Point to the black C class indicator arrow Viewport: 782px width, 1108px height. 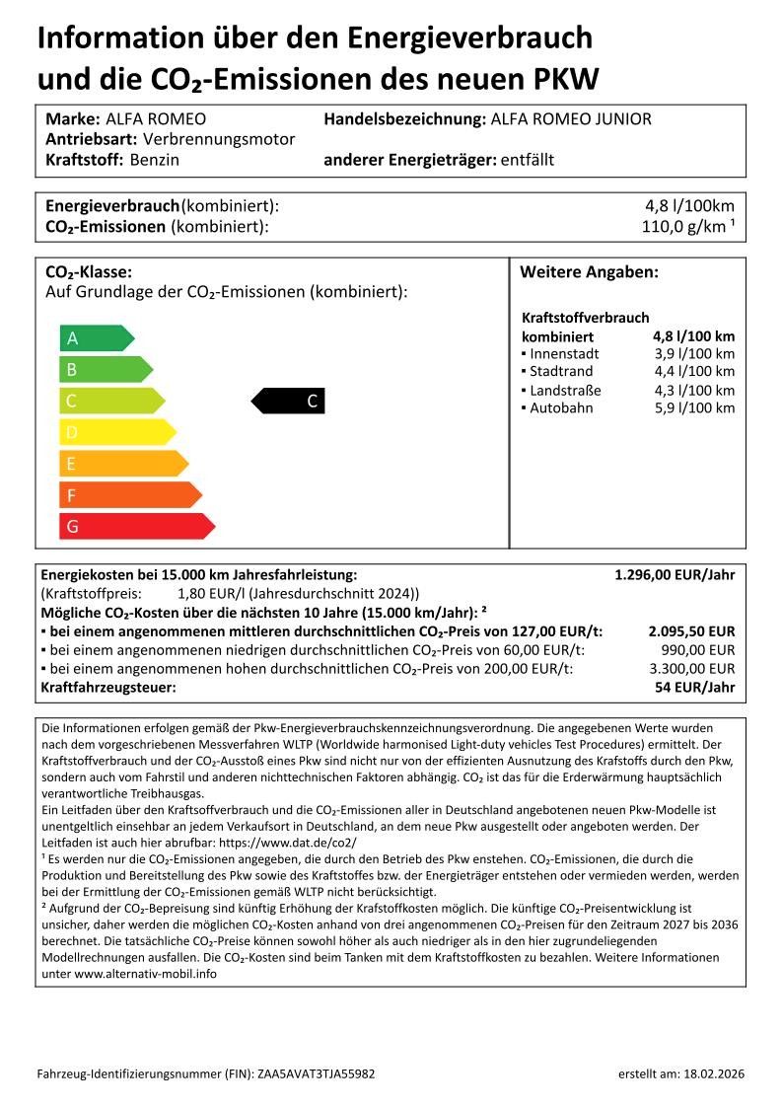288,401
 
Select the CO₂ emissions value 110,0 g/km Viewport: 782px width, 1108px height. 686,227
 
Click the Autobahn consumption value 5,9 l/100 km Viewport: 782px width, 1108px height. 694,408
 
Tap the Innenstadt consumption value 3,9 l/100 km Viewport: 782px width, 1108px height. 694,353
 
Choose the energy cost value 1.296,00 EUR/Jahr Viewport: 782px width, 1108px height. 675,574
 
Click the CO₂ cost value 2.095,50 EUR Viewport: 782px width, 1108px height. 691,631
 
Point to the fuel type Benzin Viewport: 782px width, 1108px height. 155,160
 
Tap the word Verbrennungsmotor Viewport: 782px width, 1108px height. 219,139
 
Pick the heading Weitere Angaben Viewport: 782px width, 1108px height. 589,272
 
